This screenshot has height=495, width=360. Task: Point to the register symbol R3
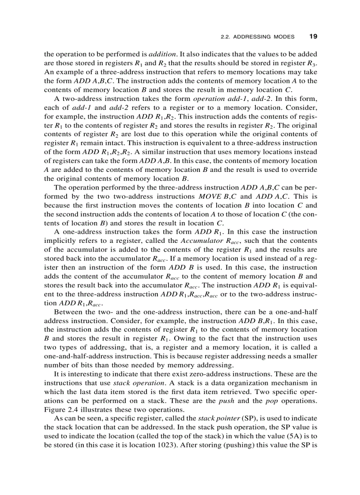click(x=311, y=63)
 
